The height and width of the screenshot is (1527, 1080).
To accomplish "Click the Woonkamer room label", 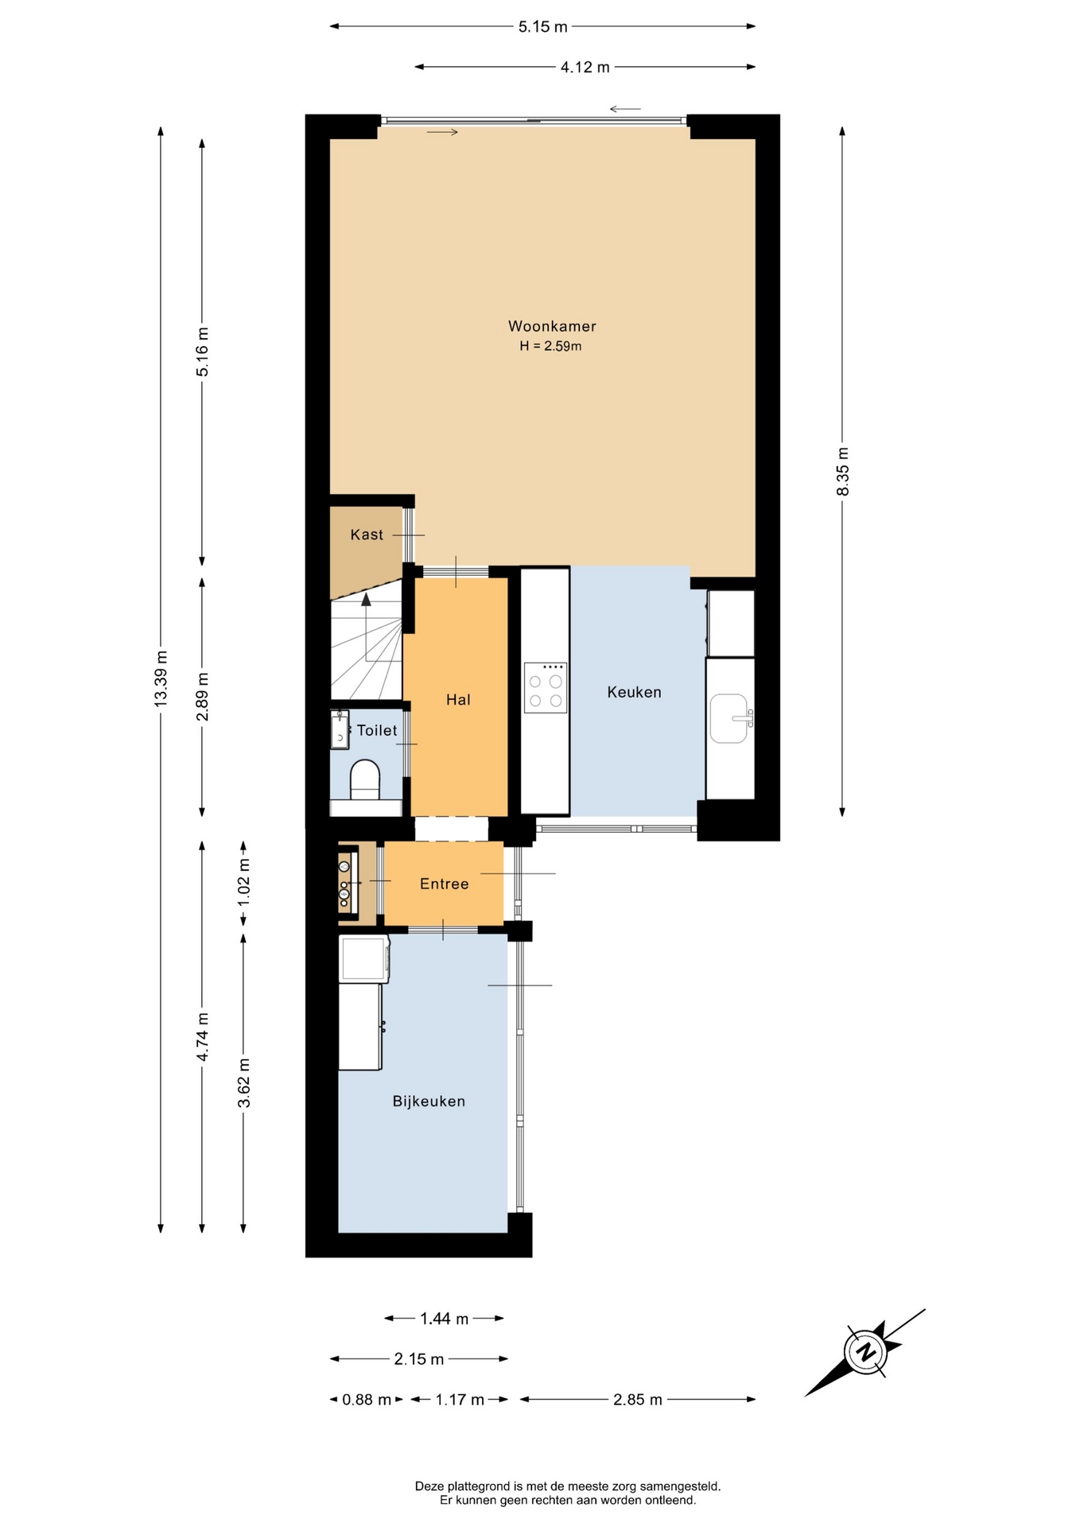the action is pos(552,326).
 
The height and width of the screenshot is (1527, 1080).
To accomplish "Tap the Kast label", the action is pos(367,534).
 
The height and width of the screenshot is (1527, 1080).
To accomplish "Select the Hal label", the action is pos(458,700).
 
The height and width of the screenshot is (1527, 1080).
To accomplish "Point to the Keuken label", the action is pos(634,692).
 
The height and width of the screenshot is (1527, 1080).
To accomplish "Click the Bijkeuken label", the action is pos(429,1102).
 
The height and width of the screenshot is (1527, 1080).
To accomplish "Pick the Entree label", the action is pos(444,884).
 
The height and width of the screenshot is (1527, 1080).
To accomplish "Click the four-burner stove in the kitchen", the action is pos(546,687).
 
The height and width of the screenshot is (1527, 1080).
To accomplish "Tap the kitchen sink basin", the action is pos(729,718).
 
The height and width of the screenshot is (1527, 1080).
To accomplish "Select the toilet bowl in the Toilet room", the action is pos(365,779).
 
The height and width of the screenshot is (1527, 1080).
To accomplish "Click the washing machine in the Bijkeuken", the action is pos(364,958).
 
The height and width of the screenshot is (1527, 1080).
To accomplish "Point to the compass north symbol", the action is pos(865,1352).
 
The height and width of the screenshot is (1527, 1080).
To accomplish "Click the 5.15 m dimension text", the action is pos(543,26).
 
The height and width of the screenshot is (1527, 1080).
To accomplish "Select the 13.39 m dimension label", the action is pos(161,678).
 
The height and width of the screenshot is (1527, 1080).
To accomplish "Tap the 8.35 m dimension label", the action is pos(843,471).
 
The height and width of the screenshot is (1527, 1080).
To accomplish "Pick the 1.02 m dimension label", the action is pos(244,882).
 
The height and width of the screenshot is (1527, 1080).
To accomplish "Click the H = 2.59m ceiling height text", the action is pos(550,346).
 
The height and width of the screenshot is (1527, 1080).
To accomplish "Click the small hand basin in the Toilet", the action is pos(340,730).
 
